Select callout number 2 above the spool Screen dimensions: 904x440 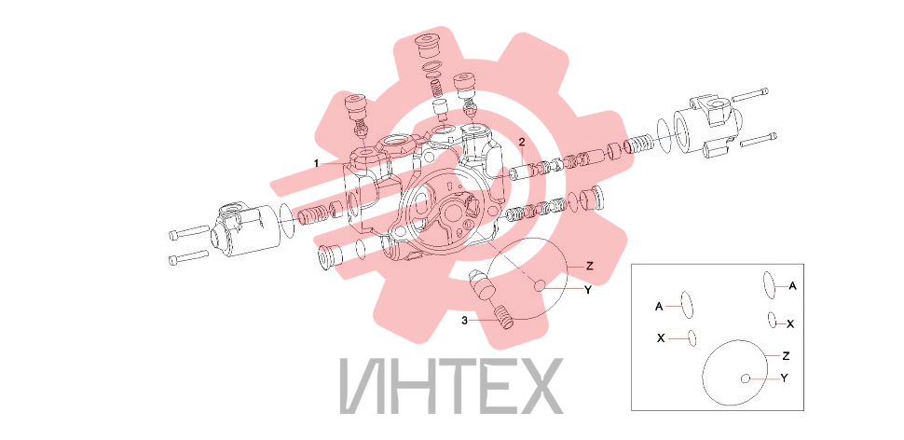pos(521,142)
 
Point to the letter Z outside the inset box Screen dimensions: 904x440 pos(589,266)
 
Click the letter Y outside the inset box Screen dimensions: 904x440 pos(587,291)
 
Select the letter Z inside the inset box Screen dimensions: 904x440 pos(786,356)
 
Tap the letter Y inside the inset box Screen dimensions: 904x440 pos(784,378)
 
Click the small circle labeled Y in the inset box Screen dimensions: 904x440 pos(746,378)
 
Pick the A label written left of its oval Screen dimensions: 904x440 pos(659,307)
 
